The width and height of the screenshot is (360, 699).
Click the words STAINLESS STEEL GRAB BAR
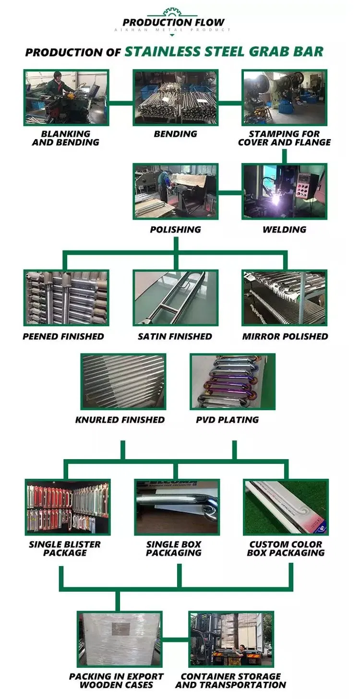click(224, 51)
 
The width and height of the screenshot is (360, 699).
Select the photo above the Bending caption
click(176, 97)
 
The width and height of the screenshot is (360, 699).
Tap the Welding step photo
click(284, 192)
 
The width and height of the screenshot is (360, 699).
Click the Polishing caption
click(176, 229)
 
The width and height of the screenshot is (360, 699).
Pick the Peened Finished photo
click(66, 297)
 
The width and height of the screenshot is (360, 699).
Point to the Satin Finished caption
click(175, 337)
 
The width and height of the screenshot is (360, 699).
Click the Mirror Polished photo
click(285, 297)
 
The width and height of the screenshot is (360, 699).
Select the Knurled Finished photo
click(123, 381)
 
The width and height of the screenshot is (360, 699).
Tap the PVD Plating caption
click(227, 420)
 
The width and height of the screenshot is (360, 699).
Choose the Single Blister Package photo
click(67, 507)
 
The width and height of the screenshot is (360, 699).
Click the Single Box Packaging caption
click(174, 548)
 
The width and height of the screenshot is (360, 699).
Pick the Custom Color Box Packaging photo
click(286, 507)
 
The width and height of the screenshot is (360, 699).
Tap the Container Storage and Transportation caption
click(230, 680)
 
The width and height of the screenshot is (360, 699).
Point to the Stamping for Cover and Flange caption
click(284, 138)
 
